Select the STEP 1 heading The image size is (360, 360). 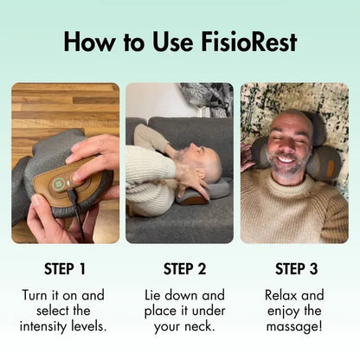[65, 267]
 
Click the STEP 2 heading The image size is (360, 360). [179, 267]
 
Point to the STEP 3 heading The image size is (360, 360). [294, 267]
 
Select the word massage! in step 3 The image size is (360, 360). [294, 326]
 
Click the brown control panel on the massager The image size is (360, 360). [69, 179]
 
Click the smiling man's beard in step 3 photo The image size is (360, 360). [287, 166]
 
